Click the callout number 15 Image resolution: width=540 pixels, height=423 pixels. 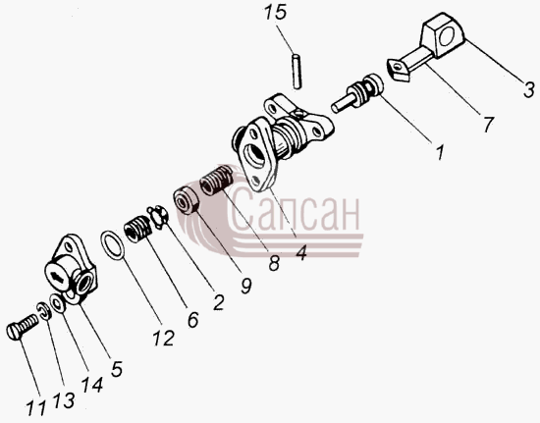click(276, 13)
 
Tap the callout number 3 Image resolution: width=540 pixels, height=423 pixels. click(529, 90)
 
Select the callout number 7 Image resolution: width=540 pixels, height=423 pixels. click(488, 125)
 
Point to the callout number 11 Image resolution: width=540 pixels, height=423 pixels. click(35, 408)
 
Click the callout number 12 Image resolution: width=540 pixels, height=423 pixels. click(164, 338)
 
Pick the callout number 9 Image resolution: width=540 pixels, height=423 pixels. click(246, 286)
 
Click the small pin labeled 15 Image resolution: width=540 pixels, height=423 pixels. click(296, 72)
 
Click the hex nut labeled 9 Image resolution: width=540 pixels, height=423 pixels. click(187, 199)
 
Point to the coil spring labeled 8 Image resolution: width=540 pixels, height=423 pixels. click(217, 180)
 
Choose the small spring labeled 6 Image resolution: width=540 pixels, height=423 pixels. click(137, 229)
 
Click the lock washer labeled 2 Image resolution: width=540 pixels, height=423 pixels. click(158, 217)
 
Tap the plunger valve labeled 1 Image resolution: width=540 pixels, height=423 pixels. click(357, 93)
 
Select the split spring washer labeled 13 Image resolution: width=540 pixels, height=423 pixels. click(44, 310)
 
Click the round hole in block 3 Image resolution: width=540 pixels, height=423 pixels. click(446, 36)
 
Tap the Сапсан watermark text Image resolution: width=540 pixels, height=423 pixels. click(293, 210)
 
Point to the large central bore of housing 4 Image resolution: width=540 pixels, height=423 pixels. click(253, 156)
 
